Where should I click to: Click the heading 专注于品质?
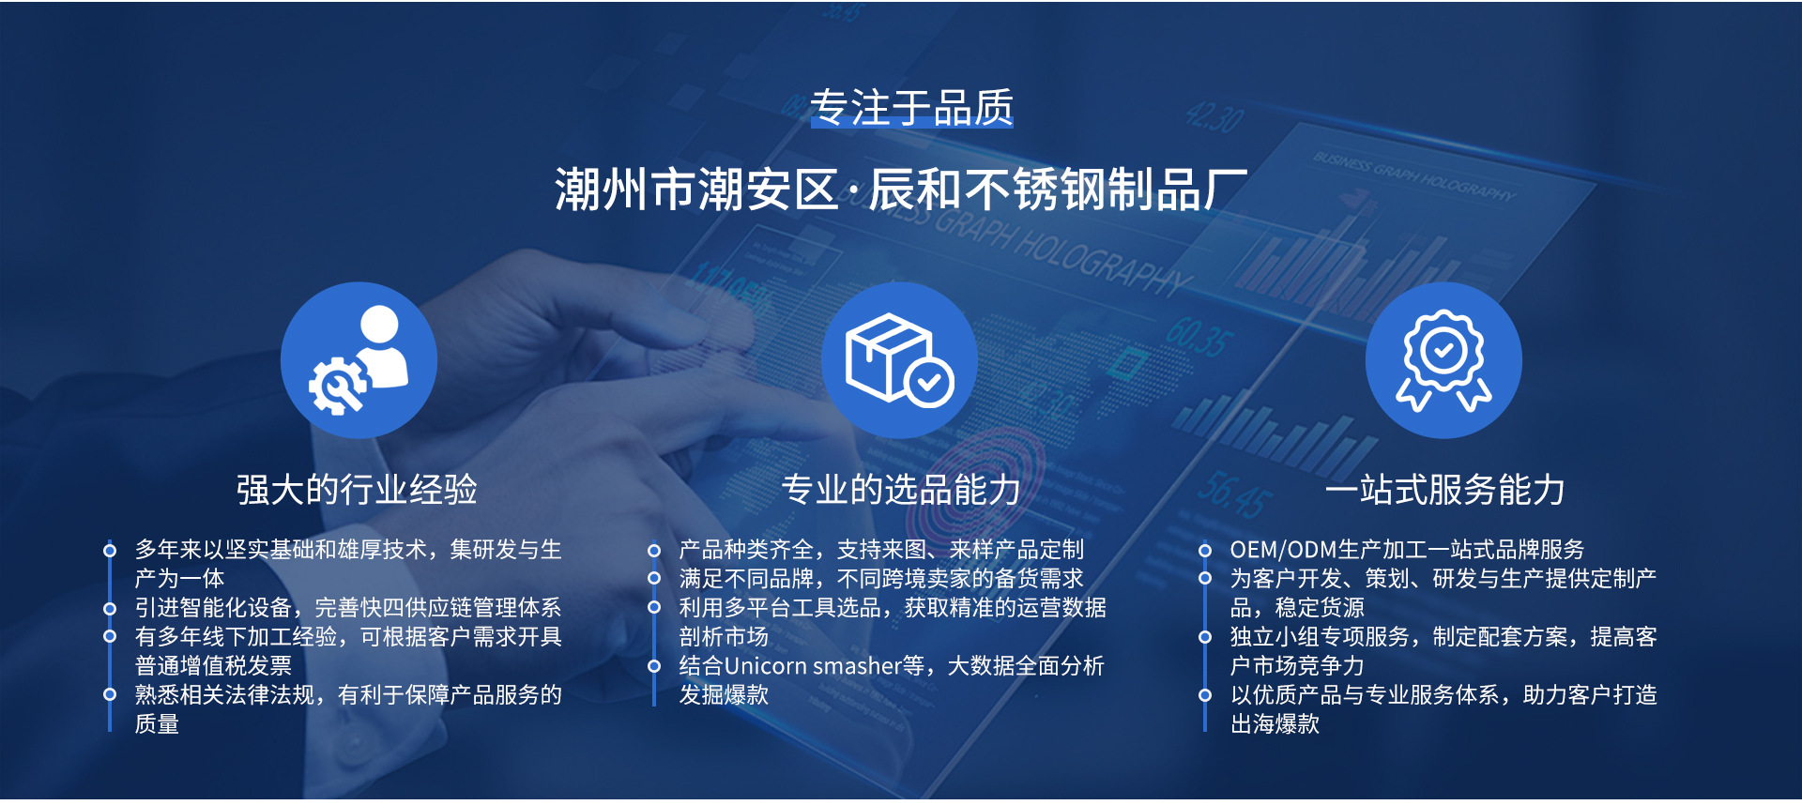[911, 108]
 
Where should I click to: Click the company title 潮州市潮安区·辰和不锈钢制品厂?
[901, 190]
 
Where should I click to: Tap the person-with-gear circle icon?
[359, 360]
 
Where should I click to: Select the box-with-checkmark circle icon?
[899, 360]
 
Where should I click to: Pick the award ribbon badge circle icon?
[1443, 360]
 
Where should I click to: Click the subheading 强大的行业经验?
[357, 490]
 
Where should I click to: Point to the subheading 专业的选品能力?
[901, 490]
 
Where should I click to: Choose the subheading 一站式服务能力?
[1445, 490]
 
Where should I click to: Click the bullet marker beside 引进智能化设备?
[110, 609]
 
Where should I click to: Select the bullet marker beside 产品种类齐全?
[654, 551]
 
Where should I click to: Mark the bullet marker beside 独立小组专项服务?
[1205, 638]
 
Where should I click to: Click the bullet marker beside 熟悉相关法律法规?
[110, 695]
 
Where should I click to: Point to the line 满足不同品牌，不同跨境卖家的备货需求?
[881, 579]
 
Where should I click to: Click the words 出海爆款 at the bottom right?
[1275, 724]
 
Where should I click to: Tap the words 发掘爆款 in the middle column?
[724, 695]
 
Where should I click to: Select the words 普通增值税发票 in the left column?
[213, 666]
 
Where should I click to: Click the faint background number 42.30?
[1214, 118]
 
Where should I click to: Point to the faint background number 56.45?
[1235, 494]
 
